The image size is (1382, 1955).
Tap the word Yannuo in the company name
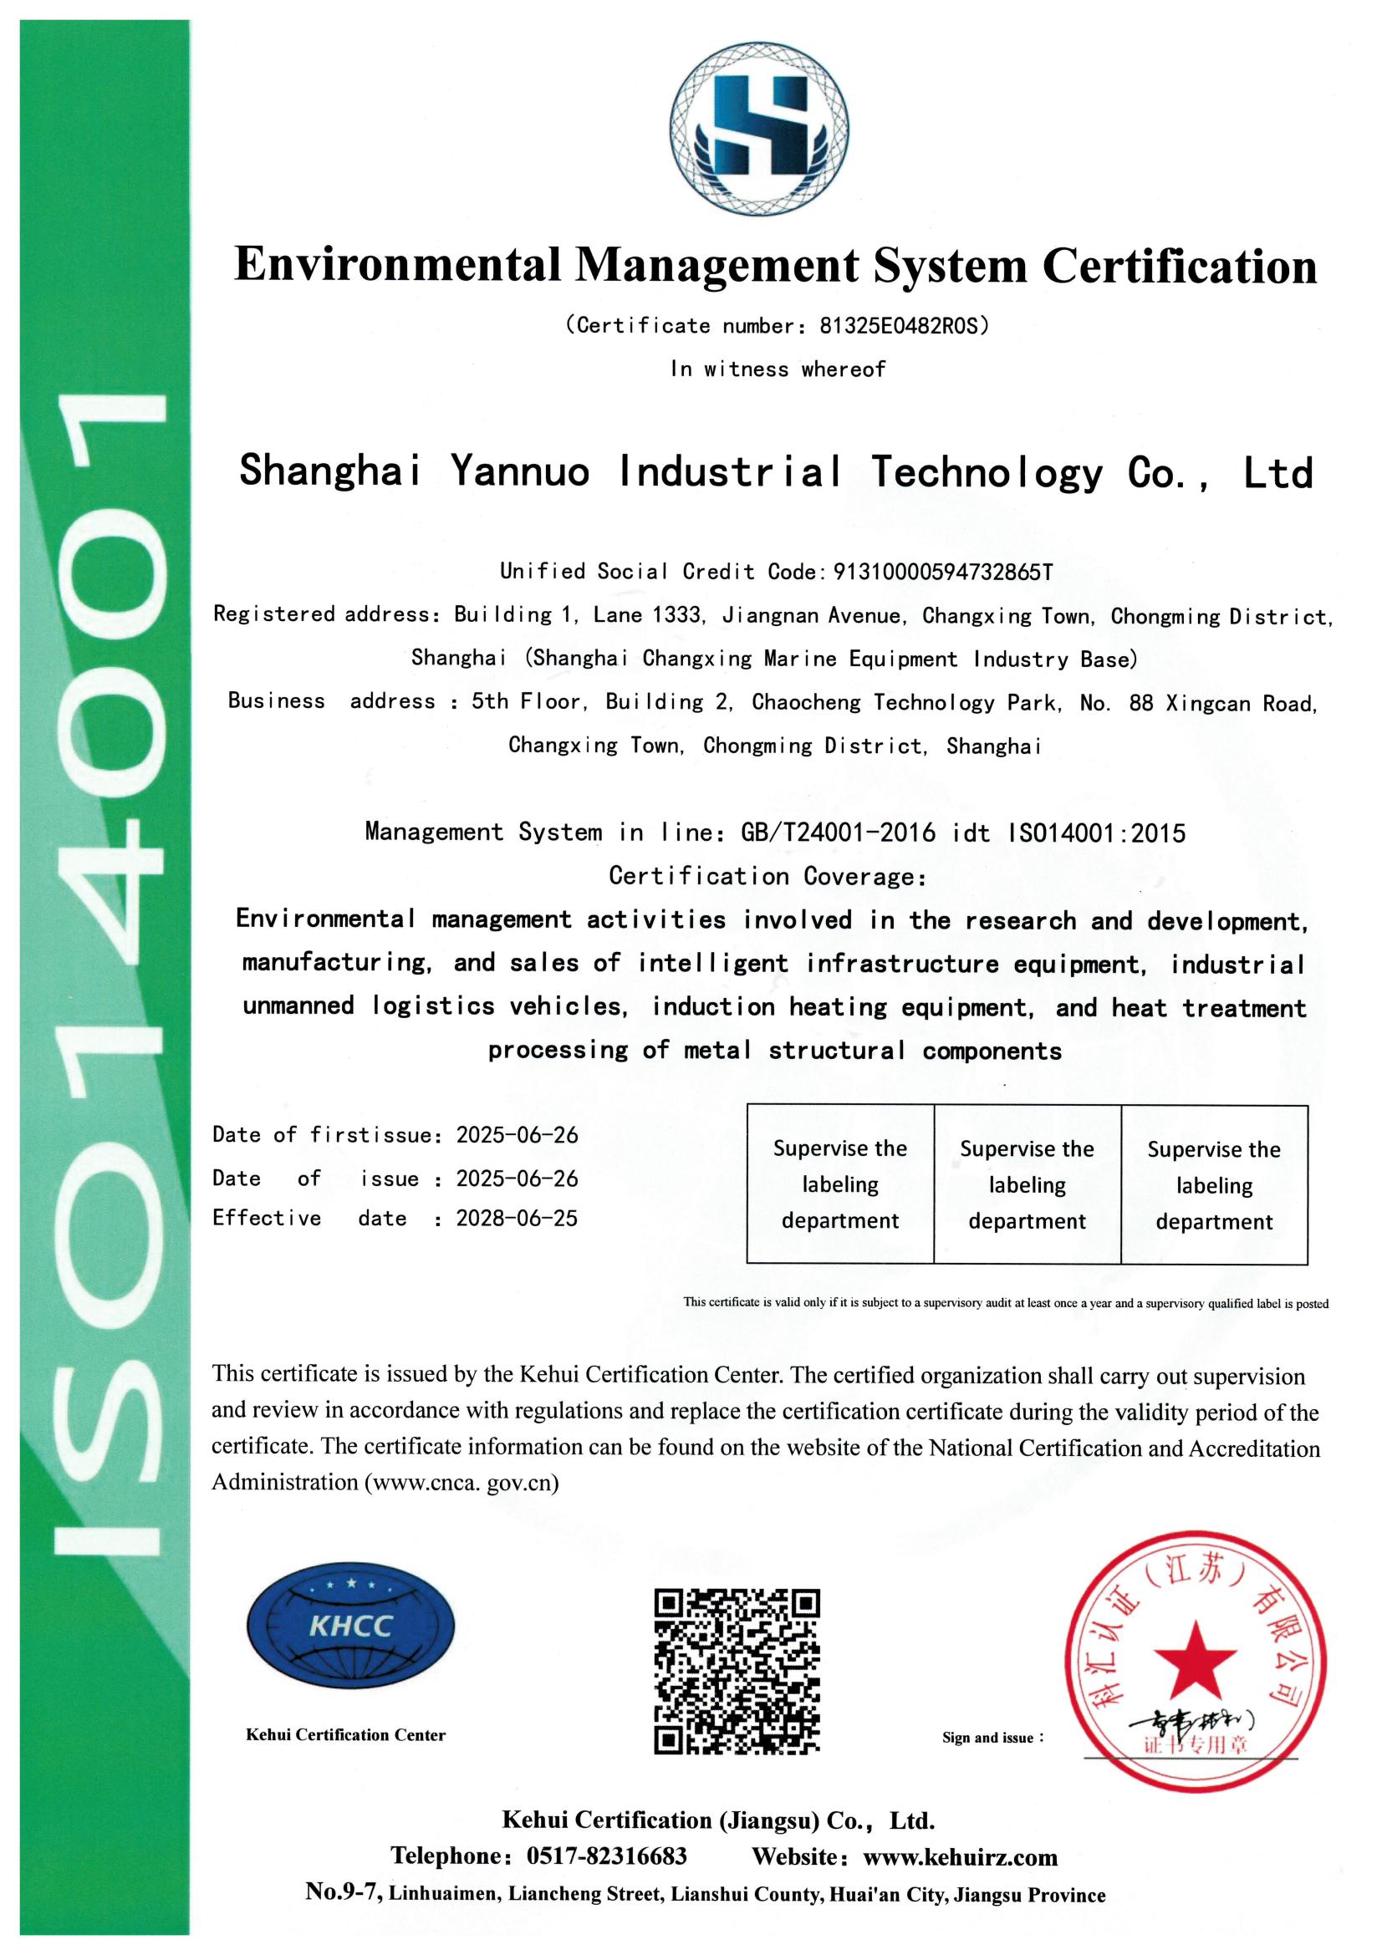pyautogui.click(x=519, y=471)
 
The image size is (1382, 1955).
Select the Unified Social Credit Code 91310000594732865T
pyautogui.click(x=941, y=572)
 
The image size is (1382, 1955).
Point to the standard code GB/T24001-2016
pyautogui.click(x=838, y=832)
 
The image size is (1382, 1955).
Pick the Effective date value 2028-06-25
pyautogui.click(x=517, y=1219)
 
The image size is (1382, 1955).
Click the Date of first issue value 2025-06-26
pyautogui.click(x=517, y=1135)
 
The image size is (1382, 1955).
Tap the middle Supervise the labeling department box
pyautogui.click(x=1027, y=1184)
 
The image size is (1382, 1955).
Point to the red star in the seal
pyautogui.click(x=1195, y=1661)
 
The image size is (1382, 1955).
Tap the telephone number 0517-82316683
pyautogui.click(x=606, y=1856)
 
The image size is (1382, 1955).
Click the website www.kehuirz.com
pyautogui.click(x=960, y=1857)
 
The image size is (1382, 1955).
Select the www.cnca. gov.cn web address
pyautogui.click(x=462, y=1483)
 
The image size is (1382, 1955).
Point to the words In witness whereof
pyautogui.click(x=778, y=369)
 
